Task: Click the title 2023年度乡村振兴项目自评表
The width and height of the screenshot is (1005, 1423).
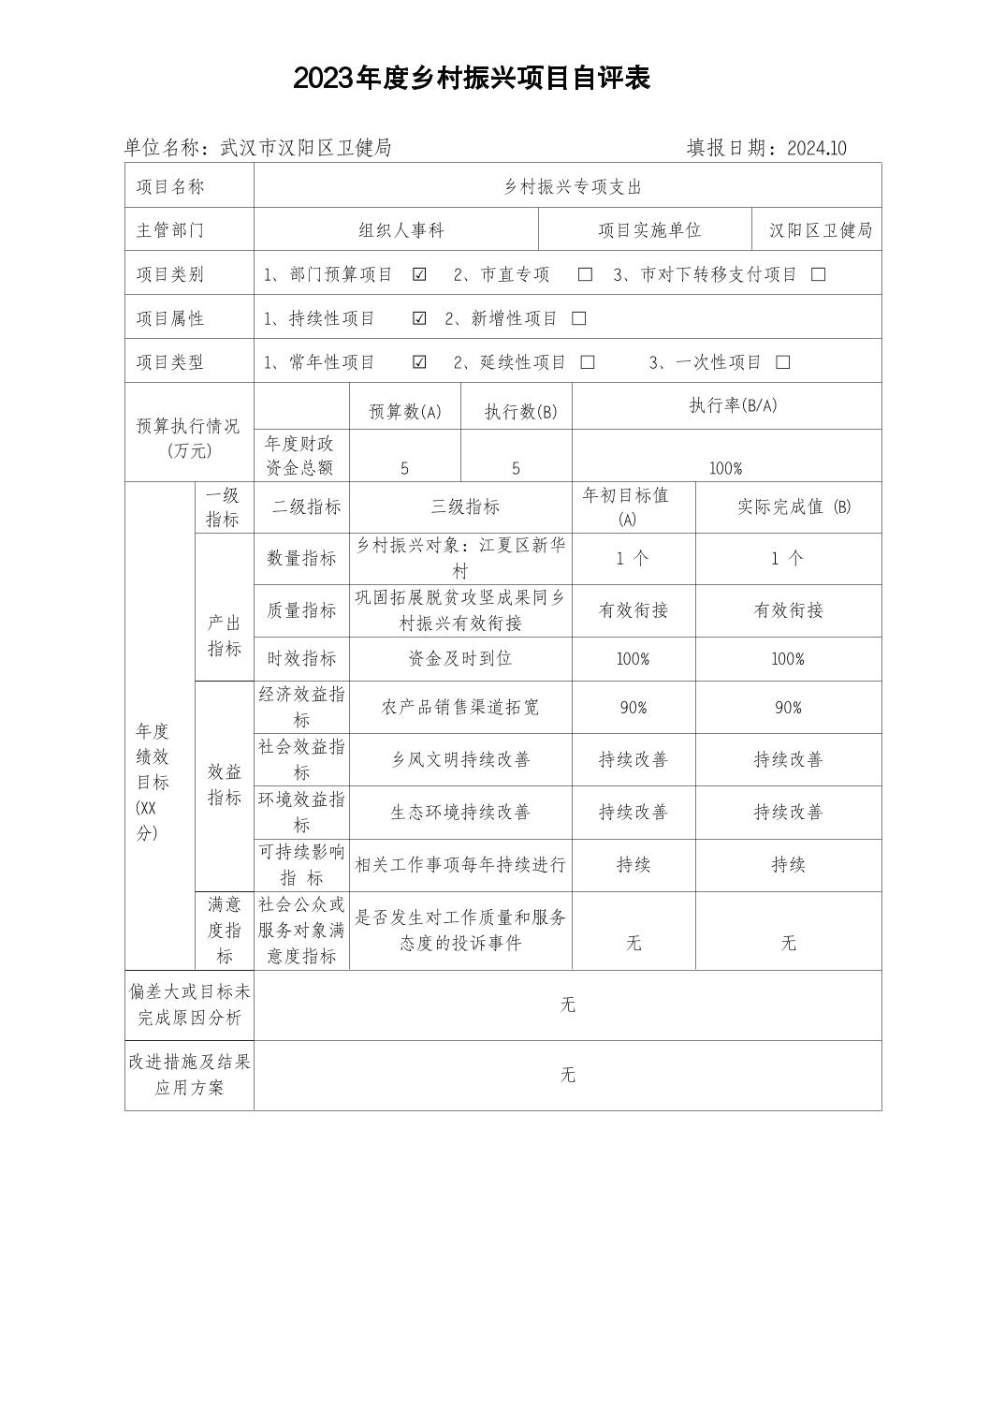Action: (472, 79)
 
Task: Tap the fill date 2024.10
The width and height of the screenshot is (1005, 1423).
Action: (817, 148)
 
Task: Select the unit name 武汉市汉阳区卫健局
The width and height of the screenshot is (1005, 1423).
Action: (305, 148)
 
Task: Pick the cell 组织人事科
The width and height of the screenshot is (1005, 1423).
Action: (401, 230)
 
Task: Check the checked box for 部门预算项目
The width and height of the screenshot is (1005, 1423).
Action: (420, 274)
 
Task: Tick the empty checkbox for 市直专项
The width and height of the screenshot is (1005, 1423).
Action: (586, 274)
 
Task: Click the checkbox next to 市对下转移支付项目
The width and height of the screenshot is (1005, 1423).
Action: (819, 274)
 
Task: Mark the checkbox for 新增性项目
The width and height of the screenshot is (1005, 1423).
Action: (579, 318)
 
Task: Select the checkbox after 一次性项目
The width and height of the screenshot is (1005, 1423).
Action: (784, 362)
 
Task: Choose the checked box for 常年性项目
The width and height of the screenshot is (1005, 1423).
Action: (420, 362)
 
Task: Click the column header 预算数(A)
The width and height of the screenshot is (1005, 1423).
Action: (405, 412)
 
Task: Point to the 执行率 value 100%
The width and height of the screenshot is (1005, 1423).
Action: (725, 468)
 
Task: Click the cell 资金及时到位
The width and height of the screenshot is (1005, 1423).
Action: (459, 659)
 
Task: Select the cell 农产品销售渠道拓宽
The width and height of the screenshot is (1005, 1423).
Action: (459, 708)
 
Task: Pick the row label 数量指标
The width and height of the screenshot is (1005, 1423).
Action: (301, 559)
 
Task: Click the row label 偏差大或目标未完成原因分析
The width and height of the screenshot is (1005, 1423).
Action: (190, 1005)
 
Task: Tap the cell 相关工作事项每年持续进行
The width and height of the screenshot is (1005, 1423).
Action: (459, 865)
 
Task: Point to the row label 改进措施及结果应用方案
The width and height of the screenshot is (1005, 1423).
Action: (190, 1075)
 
